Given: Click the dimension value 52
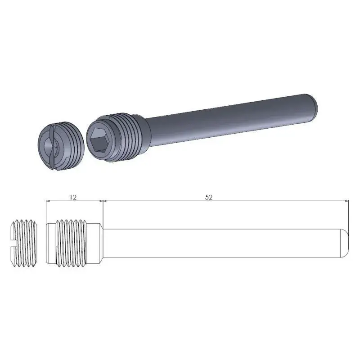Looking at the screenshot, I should coord(208,197).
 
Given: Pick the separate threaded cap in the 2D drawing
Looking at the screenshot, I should coord(23,243).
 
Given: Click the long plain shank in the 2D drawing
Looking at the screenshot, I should coord(220,243).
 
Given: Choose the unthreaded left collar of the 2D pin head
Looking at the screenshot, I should coord(50,243).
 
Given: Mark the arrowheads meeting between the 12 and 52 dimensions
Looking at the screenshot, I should coord(103,201).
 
